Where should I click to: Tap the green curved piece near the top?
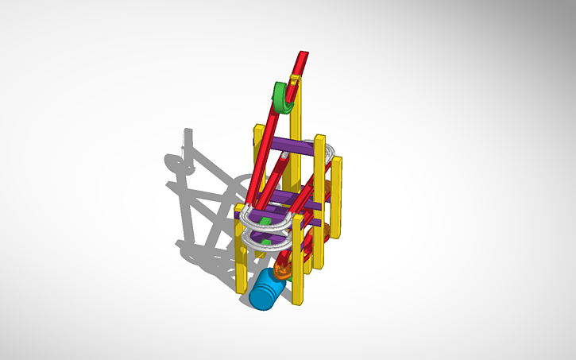281,98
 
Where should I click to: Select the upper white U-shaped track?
270,217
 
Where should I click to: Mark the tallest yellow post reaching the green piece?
295,143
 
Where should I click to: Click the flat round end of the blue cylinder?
259,295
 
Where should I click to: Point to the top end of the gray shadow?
187,133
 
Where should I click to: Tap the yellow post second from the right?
319,199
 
